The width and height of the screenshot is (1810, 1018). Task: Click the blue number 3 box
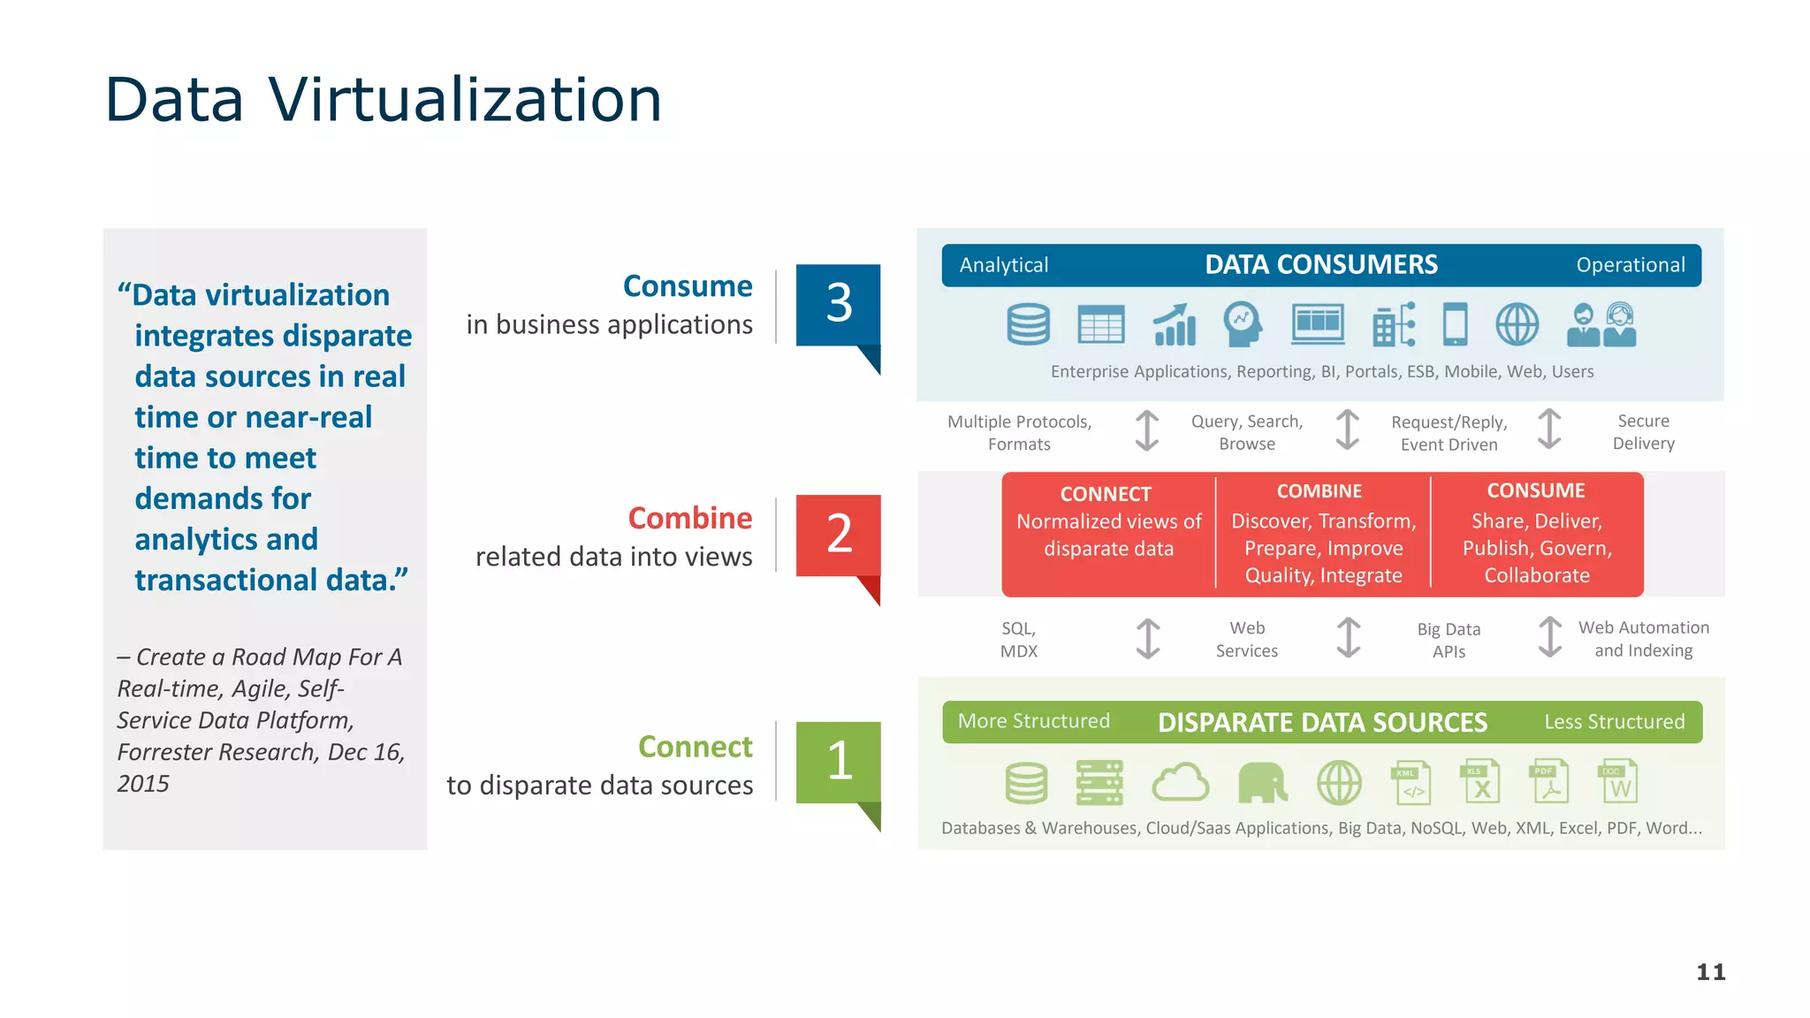pos(838,304)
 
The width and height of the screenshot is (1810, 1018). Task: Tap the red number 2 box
pos(838,535)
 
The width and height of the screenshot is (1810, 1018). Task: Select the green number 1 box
pos(838,762)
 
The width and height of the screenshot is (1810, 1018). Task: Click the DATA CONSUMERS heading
pos(1320,265)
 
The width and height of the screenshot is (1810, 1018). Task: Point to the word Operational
pos(1630,265)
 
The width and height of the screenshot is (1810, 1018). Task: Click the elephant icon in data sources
pos(1262,783)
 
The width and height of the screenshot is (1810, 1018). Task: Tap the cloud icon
pos(1180,783)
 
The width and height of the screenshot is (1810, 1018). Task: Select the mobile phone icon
pos(1455,324)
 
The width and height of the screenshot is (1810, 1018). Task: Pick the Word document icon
pos(1617,781)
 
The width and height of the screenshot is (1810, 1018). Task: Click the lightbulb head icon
pos(1242,324)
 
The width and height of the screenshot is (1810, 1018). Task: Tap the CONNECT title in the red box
pos(1106,494)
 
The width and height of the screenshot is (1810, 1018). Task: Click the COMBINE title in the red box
pos(1319,491)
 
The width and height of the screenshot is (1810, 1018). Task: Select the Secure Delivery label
pos(1643,432)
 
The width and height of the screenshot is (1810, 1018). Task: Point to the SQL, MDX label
pos(1018,640)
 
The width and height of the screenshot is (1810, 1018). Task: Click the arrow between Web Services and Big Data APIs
pos(1348,638)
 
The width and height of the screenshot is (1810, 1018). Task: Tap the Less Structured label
pos(1614,722)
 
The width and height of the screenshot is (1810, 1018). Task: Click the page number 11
pos(1710,972)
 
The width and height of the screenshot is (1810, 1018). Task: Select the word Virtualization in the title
pos(465,99)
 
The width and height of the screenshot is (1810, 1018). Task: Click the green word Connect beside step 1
pos(695,747)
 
